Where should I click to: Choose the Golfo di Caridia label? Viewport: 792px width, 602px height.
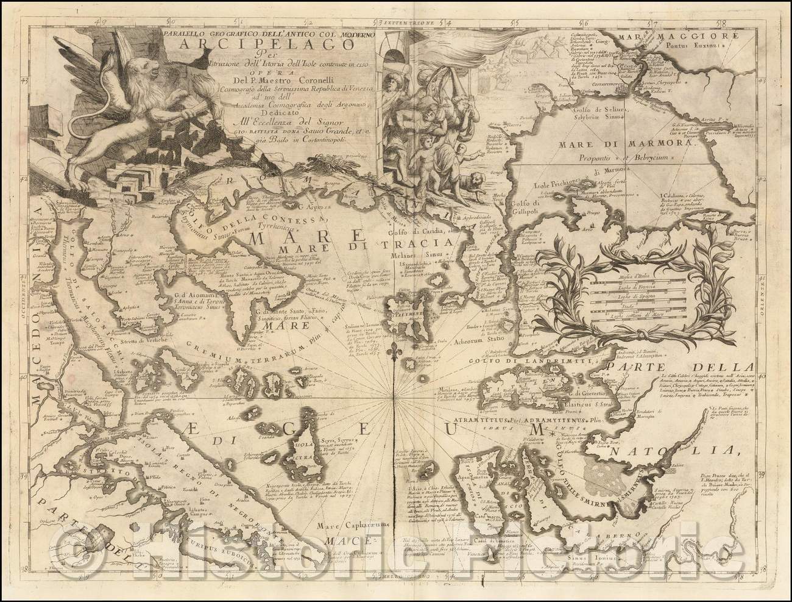418,230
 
